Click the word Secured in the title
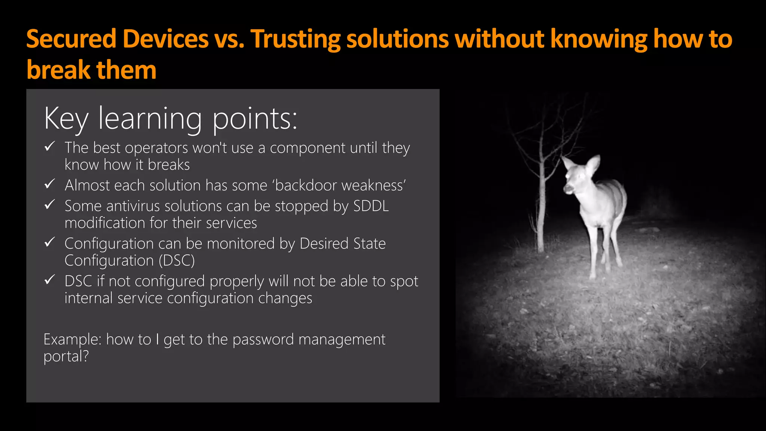pos(71,39)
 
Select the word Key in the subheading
pos(66,119)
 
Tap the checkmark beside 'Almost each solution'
pos(50,184)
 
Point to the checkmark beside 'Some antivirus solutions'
pos(50,205)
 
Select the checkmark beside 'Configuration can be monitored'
pos(50,242)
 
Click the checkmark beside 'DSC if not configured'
pos(50,280)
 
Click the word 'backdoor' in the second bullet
pos(306,186)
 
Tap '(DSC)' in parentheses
pos(177,261)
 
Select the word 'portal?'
pos(66,357)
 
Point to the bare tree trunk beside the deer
pos(540,210)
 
